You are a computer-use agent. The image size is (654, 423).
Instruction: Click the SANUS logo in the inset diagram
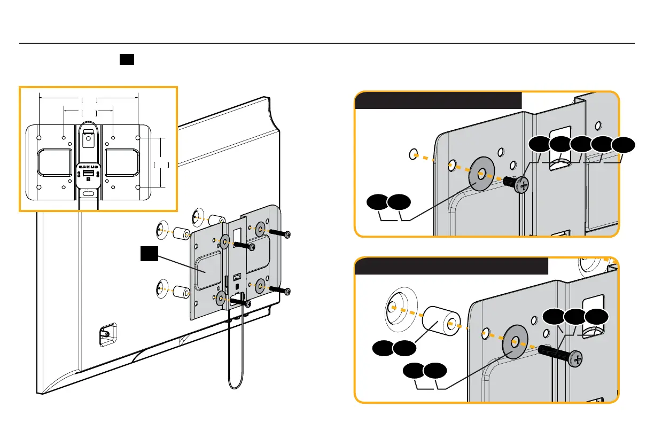89,167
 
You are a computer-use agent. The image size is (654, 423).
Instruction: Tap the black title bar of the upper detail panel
438,100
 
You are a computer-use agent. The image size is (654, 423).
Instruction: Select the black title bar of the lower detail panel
451,266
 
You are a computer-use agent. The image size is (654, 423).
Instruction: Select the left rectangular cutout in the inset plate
54,162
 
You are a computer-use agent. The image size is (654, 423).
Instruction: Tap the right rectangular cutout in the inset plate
122,162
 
